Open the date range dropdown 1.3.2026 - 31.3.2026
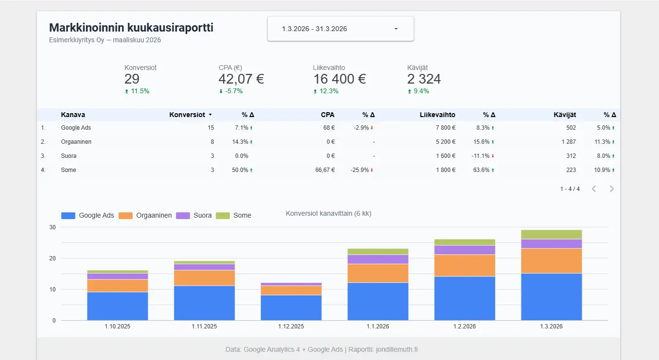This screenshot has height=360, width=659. click(x=340, y=29)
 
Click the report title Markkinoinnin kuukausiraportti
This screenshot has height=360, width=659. click(x=131, y=28)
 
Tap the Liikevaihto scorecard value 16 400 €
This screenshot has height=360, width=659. click(x=339, y=79)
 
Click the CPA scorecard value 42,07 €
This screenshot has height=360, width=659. click(x=241, y=79)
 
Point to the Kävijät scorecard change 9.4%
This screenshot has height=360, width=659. click(x=421, y=91)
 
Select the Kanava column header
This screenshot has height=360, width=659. click(x=73, y=115)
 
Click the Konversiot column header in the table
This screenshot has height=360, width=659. click(x=187, y=115)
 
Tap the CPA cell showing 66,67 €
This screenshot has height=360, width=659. click(x=325, y=170)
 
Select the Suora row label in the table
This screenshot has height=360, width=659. click(x=69, y=156)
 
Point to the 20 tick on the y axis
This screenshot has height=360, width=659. click(x=52, y=258)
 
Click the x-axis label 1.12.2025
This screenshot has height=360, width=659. click(x=291, y=326)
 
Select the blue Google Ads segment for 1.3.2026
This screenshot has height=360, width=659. click(x=552, y=296)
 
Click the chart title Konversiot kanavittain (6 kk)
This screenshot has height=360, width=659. click(x=329, y=213)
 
